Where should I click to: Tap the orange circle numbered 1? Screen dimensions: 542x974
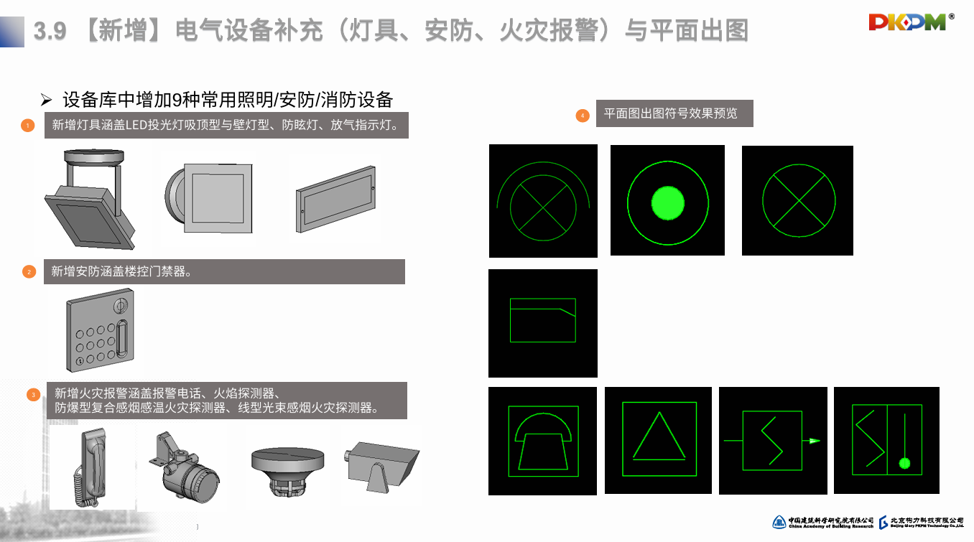tap(27, 126)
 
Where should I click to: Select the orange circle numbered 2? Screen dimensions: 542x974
tap(29, 271)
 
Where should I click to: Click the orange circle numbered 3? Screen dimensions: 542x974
tap(33, 394)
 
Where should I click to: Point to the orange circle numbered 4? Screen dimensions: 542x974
tap(583, 115)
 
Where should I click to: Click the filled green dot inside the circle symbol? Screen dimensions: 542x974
tap(667, 202)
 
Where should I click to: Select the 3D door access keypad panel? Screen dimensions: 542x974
tap(100, 332)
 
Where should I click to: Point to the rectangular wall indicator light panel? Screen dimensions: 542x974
tap(335, 200)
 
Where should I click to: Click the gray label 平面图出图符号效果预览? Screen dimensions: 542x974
tap(674, 113)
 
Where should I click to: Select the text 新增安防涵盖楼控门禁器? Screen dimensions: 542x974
tap(121, 271)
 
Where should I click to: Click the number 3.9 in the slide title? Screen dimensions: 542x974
tap(50, 30)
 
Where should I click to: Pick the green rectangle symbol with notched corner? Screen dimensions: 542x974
tap(543, 320)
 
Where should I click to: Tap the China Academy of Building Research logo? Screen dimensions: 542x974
tap(822, 522)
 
